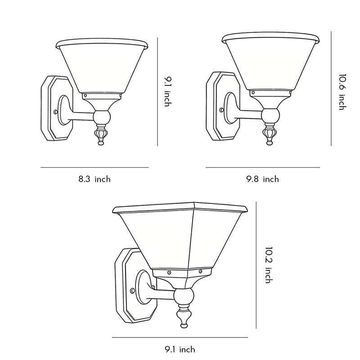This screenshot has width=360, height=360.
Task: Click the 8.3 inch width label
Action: pos(94,179)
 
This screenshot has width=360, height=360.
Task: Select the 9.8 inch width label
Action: pos(262,179)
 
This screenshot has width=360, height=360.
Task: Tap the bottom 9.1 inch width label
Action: pos(180,349)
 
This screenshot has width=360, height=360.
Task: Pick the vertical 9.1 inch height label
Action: pos(167,92)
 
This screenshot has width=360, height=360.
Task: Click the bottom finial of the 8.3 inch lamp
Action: pos(101,137)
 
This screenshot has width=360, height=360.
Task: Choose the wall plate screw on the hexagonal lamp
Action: pos(132,290)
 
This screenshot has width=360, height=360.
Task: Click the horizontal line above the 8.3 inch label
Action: pos(94,167)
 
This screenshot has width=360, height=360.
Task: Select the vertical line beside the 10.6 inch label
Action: pos(331,88)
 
